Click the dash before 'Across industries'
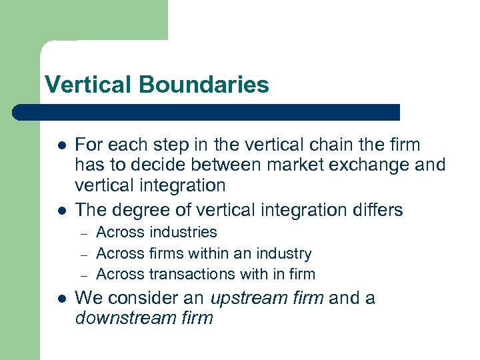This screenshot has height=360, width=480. click(x=84, y=233)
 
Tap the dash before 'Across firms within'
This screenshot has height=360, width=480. click(x=84, y=254)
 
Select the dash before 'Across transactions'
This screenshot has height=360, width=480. click(x=84, y=275)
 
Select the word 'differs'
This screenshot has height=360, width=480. click(x=375, y=210)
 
